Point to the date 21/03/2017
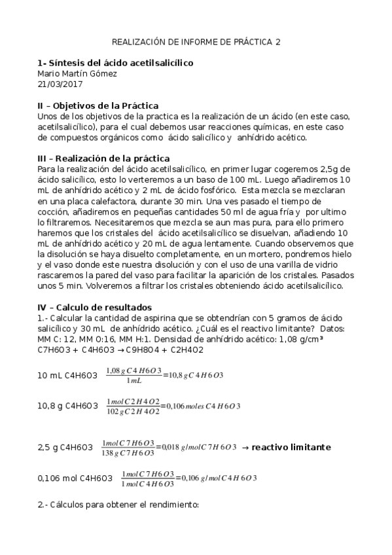60,84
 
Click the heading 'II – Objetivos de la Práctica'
98,105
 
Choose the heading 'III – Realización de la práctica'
104,158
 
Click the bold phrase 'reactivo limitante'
291,448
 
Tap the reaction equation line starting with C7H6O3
120,350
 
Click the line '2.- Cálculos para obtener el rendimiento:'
118,505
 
